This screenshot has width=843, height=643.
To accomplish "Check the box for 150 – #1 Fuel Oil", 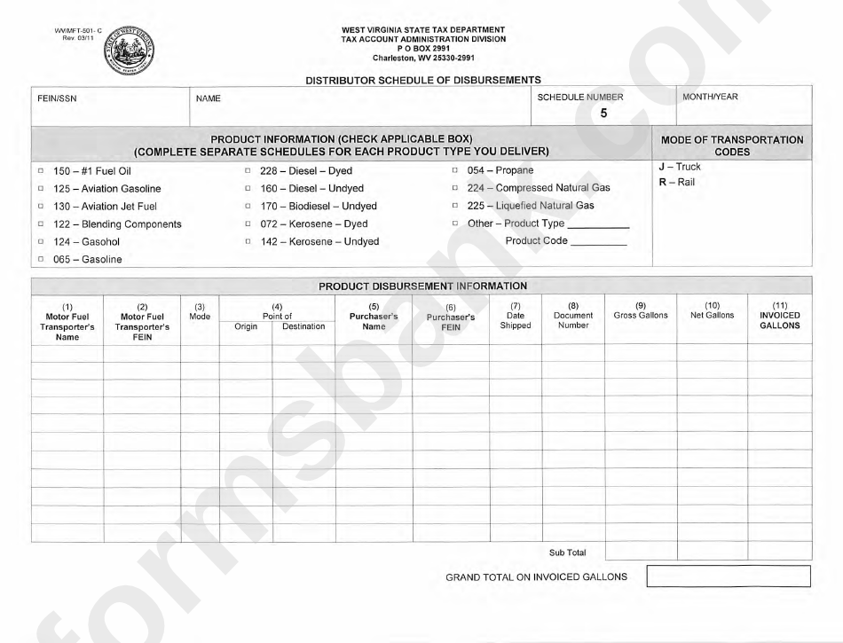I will pyautogui.click(x=41, y=170).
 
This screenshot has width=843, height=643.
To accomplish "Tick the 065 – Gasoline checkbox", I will pyautogui.click(x=41, y=259).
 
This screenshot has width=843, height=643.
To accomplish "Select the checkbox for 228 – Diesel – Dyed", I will pyautogui.click(x=248, y=170).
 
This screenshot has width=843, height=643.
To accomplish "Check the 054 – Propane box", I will pyautogui.click(x=455, y=170).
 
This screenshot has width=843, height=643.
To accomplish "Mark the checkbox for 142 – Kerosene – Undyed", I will pyautogui.click(x=248, y=241).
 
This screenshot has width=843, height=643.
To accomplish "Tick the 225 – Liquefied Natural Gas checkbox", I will pyautogui.click(x=455, y=206).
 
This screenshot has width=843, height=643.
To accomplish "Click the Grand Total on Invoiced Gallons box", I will pyautogui.click(x=729, y=576).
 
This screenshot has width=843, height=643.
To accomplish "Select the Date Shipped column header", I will pyautogui.click(x=516, y=320).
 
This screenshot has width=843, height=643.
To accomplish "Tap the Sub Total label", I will pyautogui.click(x=568, y=553).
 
